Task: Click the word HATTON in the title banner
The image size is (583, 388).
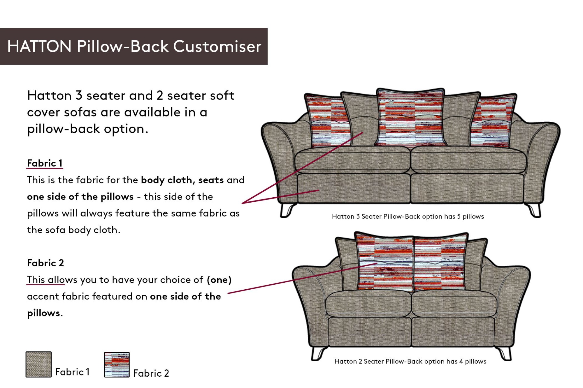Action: (39, 47)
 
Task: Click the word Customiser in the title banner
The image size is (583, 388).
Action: (217, 47)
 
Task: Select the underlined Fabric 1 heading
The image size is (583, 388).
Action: (45, 163)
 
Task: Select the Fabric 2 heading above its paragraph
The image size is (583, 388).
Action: (45, 263)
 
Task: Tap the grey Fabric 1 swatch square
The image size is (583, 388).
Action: (38, 364)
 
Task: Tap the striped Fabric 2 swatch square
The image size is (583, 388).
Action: (117, 365)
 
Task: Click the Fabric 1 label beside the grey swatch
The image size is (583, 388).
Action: (72, 372)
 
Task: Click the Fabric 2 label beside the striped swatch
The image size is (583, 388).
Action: (151, 373)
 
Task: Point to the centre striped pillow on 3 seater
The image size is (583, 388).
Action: (410, 118)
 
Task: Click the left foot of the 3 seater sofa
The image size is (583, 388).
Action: (287, 210)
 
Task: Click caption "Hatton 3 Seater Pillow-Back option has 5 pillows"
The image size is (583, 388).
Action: (408, 217)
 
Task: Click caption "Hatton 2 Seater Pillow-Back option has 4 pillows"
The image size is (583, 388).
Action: (410, 361)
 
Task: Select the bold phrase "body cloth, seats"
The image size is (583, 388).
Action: (182, 180)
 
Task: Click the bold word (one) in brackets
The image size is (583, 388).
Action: (219, 280)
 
